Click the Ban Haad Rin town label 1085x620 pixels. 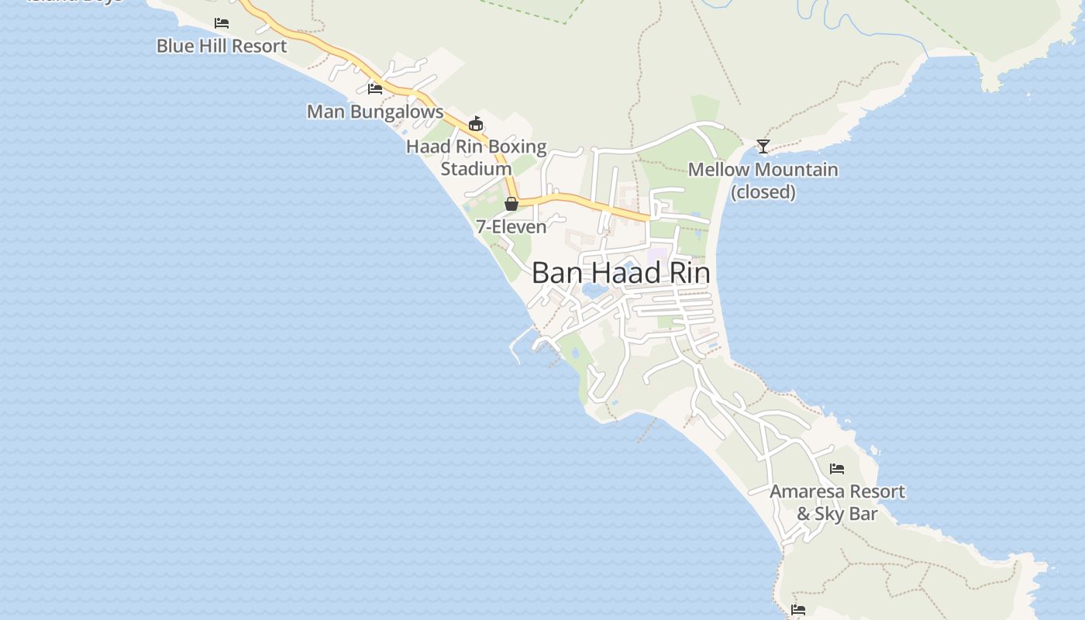tap(621, 273)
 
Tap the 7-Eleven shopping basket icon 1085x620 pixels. tap(511, 205)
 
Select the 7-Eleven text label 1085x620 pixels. tap(511, 227)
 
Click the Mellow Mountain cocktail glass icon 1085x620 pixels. tap(763, 146)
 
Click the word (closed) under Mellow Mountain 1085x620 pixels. tap(763, 191)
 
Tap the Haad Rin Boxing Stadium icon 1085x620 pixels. tap(476, 124)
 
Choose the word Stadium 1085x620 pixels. tap(476, 168)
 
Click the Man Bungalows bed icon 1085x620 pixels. tap(375, 89)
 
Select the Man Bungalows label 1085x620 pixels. tap(375, 112)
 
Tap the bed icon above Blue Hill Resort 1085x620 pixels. tap(222, 23)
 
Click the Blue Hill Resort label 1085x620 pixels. tap(222, 46)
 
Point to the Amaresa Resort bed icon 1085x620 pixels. tap(837, 469)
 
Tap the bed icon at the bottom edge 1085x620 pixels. tap(798, 610)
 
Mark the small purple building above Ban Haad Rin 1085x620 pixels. tap(657, 253)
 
